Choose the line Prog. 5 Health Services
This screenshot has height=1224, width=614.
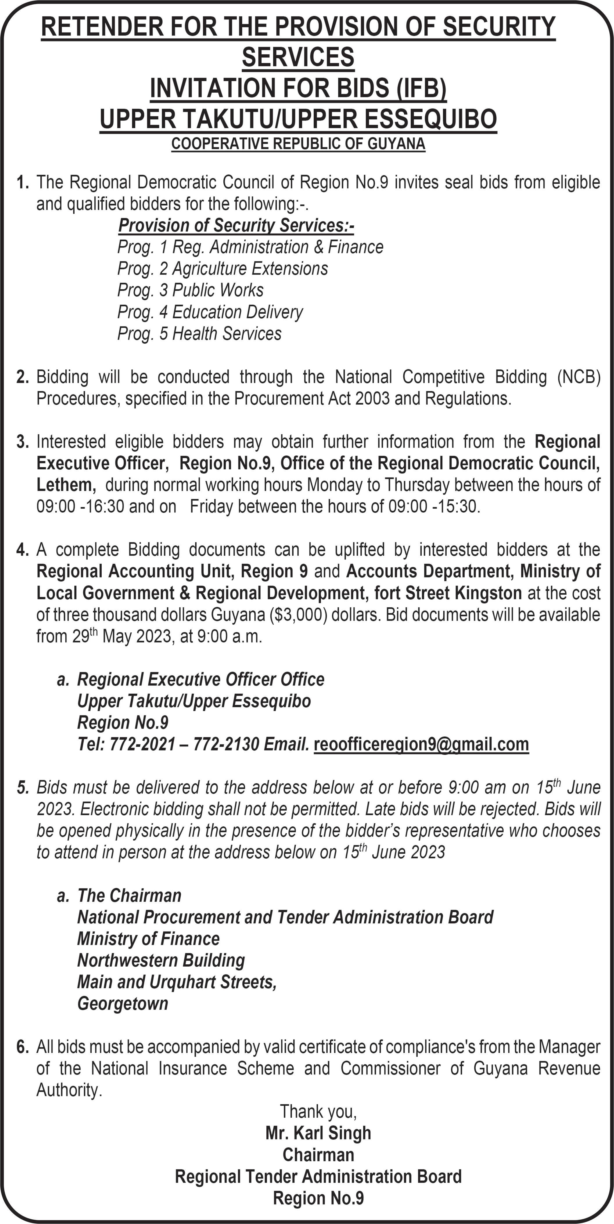199,333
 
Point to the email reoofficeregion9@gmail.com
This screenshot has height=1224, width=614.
421,744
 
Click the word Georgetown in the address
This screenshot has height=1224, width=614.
123,1004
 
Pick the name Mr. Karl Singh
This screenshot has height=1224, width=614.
318,1133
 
